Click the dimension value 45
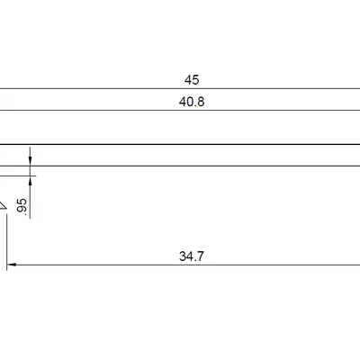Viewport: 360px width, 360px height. coord(192,80)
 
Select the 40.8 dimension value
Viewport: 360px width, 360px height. coord(192,102)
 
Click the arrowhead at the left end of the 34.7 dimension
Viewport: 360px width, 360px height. coord(13,265)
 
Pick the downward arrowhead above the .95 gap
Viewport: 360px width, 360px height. coord(31,158)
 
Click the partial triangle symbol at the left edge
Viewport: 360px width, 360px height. coord(3,206)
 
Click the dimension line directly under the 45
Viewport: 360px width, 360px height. coord(180,89)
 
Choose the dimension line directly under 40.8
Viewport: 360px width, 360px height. coord(180,111)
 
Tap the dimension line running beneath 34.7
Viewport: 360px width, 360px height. coord(180,265)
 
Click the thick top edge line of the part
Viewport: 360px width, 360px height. coord(180,144)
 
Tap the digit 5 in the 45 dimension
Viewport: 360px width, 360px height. coord(195,80)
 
